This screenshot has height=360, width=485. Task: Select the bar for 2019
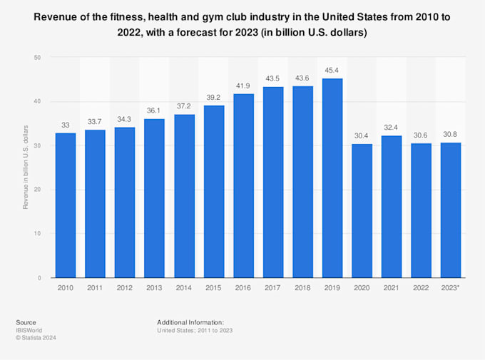pyautogui.click(x=332, y=178)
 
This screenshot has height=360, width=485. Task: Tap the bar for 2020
pyautogui.click(x=362, y=211)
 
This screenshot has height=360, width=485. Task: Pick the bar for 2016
pyautogui.click(x=243, y=185)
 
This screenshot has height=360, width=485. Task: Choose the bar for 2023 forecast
pyautogui.click(x=450, y=210)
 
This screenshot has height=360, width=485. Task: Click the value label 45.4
pyautogui.click(x=332, y=70)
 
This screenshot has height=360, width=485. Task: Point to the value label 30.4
pyautogui.click(x=362, y=135)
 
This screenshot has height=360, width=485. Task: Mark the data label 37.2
pyautogui.click(x=184, y=106)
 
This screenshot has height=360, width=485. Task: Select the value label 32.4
pyautogui.click(x=391, y=127)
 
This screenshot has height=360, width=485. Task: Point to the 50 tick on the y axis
pyautogui.click(x=37, y=57)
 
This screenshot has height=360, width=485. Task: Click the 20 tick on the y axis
pyautogui.click(x=37, y=190)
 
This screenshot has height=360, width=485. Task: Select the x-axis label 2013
pyautogui.click(x=154, y=289)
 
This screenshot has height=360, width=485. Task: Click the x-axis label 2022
pyautogui.click(x=421, y=289)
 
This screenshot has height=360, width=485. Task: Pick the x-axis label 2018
pyautogui.click(x=302, y=289)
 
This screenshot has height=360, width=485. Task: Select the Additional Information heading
pyautogui.click(x=190, y=322)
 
